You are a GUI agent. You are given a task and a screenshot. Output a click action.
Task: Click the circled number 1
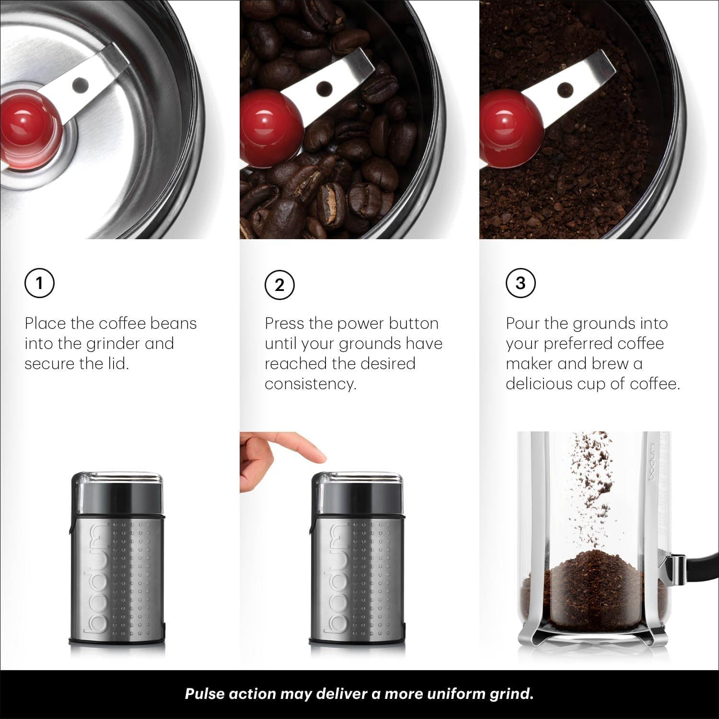pos(39,283)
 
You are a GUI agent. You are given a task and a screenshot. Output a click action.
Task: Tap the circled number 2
pos(279,285)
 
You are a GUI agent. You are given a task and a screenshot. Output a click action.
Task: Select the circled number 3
pos(521,283)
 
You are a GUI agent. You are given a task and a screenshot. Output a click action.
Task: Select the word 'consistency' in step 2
pos(310,384)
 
